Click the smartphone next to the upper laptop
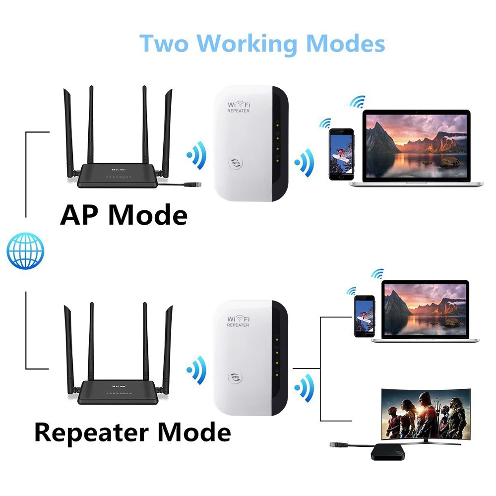pyautogui.click(x=342, y=154)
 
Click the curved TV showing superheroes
pyautogui.click(x=425, y=411)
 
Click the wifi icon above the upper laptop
pyautogui.click(x=357, y=102)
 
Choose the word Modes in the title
pyautogui.click(x=346, y=44)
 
